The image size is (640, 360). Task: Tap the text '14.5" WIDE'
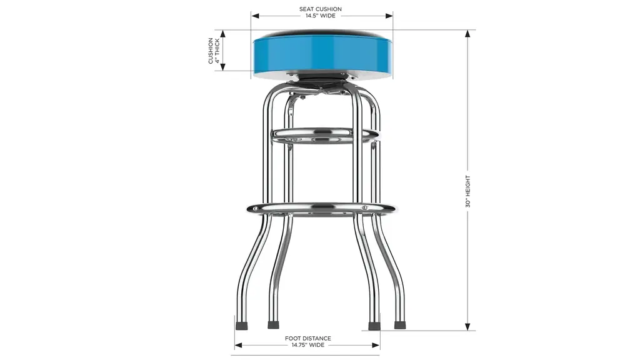321,16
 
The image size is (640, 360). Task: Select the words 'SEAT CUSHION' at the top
321,9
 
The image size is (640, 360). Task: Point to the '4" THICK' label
217,51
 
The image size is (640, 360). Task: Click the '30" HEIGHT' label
467,191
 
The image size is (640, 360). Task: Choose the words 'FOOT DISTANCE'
307,338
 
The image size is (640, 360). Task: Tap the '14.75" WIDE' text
307,345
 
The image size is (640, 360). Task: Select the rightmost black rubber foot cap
399,325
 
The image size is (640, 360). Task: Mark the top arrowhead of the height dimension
467,34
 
